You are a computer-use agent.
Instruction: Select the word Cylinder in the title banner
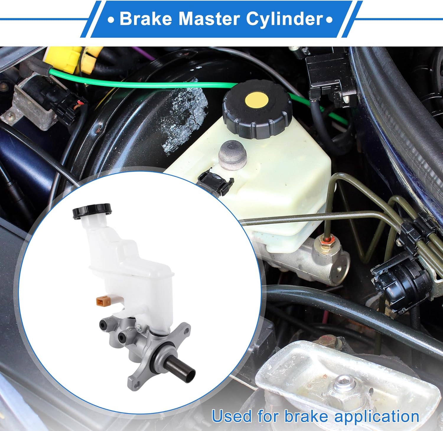point(284,19)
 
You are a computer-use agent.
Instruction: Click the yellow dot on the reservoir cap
point(257,100)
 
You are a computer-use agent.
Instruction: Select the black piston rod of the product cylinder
point(180,365)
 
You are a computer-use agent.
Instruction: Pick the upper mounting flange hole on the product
point(186,328)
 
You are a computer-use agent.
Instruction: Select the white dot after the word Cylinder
point(329,20)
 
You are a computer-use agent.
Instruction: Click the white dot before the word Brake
point(111,20)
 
